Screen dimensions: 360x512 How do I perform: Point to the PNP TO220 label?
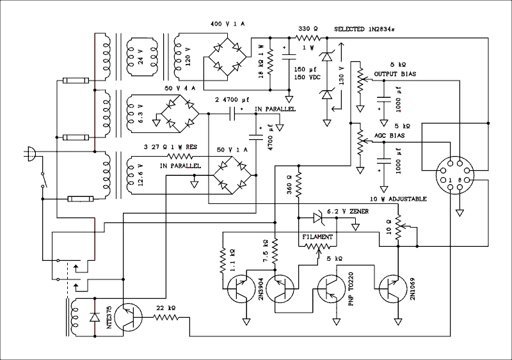[351, 292]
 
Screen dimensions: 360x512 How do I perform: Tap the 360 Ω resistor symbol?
[299, 186]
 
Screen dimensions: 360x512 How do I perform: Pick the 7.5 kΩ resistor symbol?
[275, 252]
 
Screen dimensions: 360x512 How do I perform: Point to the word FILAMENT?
[318, 237]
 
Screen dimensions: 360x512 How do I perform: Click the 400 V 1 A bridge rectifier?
[227, 51]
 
